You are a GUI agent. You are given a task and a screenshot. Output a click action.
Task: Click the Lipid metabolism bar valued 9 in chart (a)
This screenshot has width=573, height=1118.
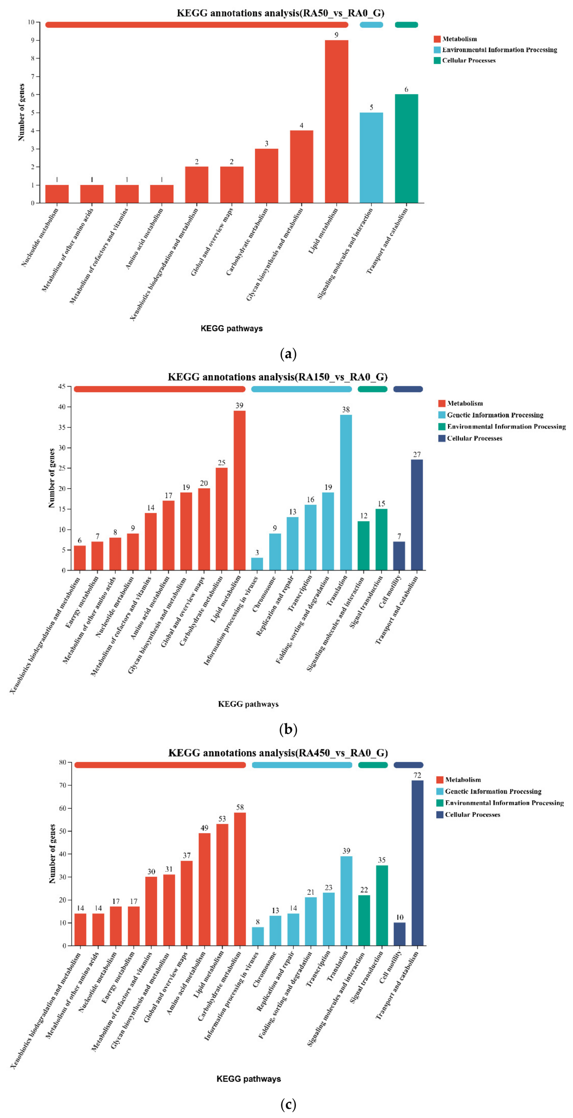pyautogui.click(x=336, y=122)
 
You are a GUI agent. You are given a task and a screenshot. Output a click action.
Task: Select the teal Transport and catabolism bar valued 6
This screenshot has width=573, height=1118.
pyautogui.click(x=407, y=149)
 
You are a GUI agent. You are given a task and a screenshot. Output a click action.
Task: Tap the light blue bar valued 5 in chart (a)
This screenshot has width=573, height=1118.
pyautogui.click(x=371, y=158)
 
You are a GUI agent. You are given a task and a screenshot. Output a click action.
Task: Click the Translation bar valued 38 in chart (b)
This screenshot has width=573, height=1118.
pyautogui.click(x=346, y=492)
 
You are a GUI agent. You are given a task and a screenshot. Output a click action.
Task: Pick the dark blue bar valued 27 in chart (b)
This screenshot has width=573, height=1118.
pyautogui.click(x=417, y=515)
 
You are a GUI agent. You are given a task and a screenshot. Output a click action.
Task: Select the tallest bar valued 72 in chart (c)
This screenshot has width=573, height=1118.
pyautogui.click(x=417, y=863)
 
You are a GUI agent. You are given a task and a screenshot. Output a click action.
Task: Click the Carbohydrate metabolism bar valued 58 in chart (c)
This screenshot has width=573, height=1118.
pyautogui.click(x=240, y=879)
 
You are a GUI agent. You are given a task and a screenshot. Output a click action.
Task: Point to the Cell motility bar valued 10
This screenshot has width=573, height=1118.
pyautogui.click(x=400, y=934)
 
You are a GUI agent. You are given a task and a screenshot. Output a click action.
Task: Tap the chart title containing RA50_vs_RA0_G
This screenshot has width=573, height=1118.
pyautogui.click(x=280, y=13)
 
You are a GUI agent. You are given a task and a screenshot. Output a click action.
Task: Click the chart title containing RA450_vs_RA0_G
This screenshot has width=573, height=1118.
pyautogui.click(x=278, y=753)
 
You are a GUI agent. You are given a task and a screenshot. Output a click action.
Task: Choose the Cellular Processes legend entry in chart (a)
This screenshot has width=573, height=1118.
pyautogui.click(x=465, y=61)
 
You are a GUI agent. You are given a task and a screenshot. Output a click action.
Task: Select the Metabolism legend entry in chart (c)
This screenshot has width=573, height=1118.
pyautogui.click(x=459, y=779)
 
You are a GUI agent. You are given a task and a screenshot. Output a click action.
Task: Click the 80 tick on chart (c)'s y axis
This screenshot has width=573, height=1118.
pyautogui.click(x=62, y=762)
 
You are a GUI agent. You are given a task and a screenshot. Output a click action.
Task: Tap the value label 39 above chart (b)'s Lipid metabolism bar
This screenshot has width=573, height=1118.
pyautogui.click(x=239, y=406)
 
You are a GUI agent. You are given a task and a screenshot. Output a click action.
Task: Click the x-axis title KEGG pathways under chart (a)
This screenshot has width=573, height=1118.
pyautogui.click(x=232, y=328)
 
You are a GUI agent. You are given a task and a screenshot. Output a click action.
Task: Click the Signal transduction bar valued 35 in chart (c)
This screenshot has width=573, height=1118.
pyautogui.click(x=382, y=905)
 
